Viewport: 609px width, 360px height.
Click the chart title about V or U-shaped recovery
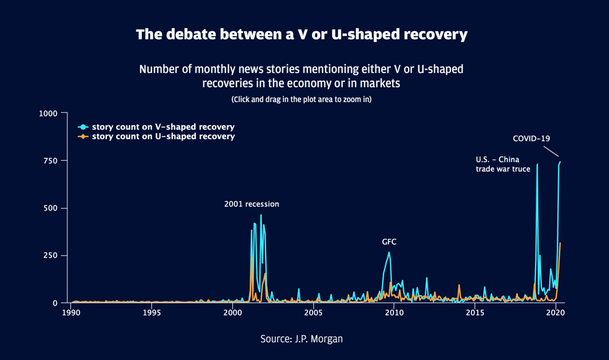pos(302,34)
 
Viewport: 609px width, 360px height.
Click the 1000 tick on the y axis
pos(48,114)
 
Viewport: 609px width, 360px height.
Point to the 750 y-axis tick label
pos(51,161)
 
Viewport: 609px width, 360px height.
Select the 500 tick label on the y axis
pos(51,208)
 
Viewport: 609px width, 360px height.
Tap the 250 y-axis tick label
pos(51,255)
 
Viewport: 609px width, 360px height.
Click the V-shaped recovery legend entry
pos(162,127)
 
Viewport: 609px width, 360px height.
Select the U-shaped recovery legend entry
pos(162,137)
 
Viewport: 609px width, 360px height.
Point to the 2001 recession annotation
pos(252,204)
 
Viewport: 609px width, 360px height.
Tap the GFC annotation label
pos(389,242)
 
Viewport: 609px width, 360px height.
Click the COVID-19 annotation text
pos(531,139)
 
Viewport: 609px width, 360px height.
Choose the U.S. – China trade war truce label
pos(503,164)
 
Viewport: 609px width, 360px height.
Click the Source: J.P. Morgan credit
pos(301,339)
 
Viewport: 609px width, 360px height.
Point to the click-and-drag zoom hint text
pos(301,99)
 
